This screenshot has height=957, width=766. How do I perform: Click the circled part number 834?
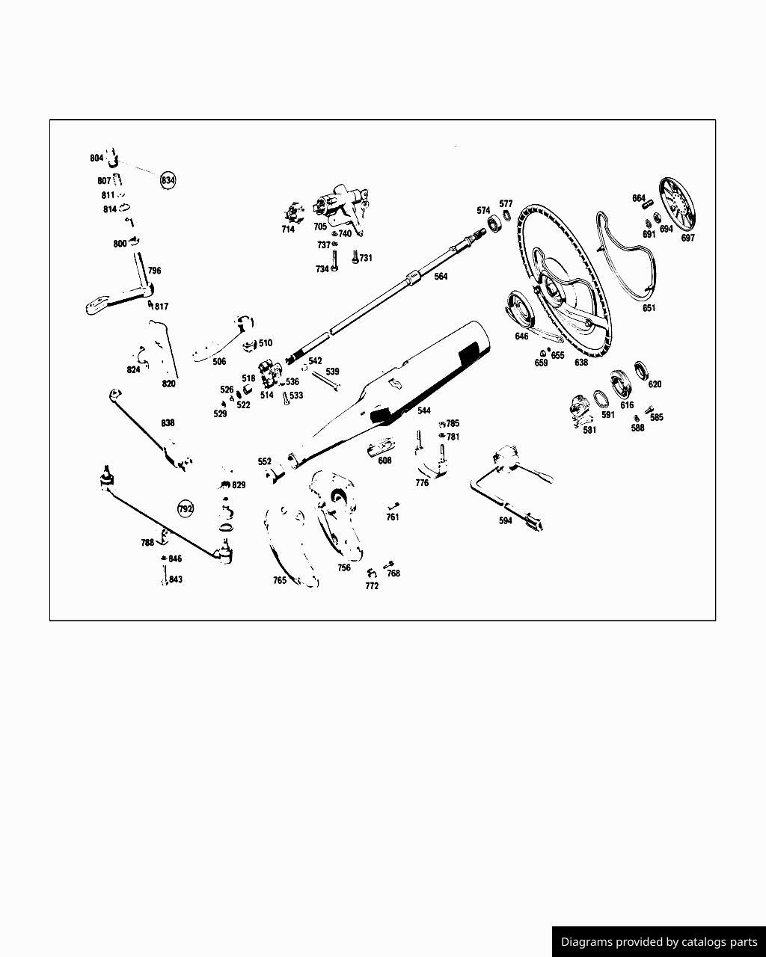pos(168,180)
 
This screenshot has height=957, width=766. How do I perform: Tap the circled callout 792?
pos(186,508)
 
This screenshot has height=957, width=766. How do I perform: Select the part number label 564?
pos(441,276)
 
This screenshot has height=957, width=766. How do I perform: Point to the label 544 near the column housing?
pos(423,410)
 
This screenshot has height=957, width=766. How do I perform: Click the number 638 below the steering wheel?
pos(581,363)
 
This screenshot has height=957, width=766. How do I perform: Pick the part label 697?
pos(687,238)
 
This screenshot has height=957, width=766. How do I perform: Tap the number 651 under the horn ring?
pos(649,308)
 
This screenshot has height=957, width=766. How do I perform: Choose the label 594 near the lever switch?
pos(505,520)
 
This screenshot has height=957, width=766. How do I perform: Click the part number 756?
pos(344,567)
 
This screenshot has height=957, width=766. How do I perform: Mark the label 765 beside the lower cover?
pos(280,580)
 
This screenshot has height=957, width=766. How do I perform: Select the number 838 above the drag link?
pos(168,422)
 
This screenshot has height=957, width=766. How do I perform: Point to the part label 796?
pos(154,271)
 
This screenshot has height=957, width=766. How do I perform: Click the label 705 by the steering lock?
pos(320,227)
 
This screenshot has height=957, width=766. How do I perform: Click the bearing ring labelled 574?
pos(494,224)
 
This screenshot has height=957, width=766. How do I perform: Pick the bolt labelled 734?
pos(334,261)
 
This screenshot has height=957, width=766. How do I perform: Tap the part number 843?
pos(175,579)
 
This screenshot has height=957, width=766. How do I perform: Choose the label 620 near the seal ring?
pos(655,384)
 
